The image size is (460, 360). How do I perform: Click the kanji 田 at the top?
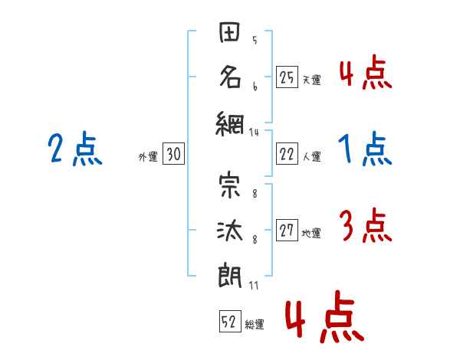[x=229, y=31]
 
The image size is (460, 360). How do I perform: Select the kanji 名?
[x=230, y=77]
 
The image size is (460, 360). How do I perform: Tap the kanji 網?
[x=230, y=124]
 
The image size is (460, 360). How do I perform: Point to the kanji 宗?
[x=230, y=186]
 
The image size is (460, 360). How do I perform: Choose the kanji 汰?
[x=230, y=231]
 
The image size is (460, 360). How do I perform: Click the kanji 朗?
[x=230, y=277]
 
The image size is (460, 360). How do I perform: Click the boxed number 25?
[x=287, y=77]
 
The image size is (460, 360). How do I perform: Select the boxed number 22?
[x=287, y=154]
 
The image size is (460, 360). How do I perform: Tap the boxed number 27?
[x=287, y=230]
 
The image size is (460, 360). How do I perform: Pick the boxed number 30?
[x=174, y=154]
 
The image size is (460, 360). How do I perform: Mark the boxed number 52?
[x=230, y=322]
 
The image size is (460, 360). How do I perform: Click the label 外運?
[x=148, y=156]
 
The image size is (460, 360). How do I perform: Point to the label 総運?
[x=255, y=324]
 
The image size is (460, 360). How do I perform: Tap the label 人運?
[x=312, y=156]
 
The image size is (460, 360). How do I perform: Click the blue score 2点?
[x=75, y=149]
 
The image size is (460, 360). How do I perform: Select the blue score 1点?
[x=365, y=149]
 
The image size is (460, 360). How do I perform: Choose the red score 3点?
[x=366, y=225]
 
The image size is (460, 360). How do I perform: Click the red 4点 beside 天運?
[x=366, y=72]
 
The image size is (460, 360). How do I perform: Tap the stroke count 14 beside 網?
[x=254, y=133]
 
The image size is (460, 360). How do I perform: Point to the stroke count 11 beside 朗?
[x=254, y=285]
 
